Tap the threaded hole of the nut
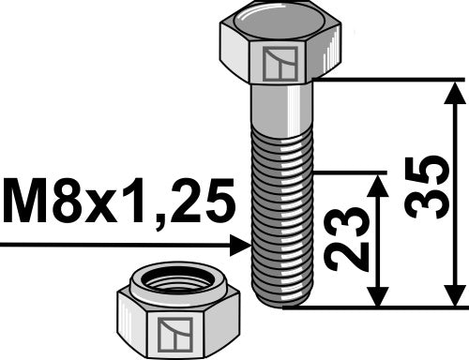[177, 280]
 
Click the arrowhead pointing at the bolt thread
[240, 246]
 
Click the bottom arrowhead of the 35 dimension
[456, 294]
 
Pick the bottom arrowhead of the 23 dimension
[377, 294]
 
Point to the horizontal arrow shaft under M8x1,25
[113, 246]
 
